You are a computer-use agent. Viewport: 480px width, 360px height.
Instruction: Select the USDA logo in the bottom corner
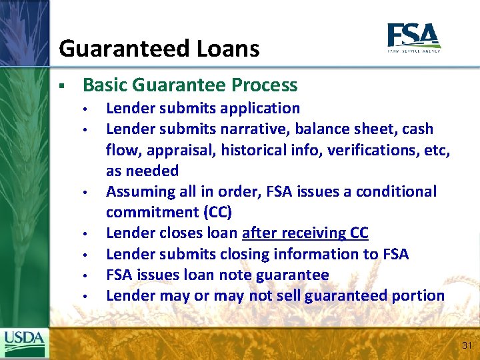(x=24, y=343)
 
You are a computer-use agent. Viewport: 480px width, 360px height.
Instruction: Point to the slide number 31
(x=465, y=345)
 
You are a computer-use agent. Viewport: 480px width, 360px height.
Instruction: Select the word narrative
(x=254, y=129)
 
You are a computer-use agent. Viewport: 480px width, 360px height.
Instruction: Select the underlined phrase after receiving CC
(x=305, y=233)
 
